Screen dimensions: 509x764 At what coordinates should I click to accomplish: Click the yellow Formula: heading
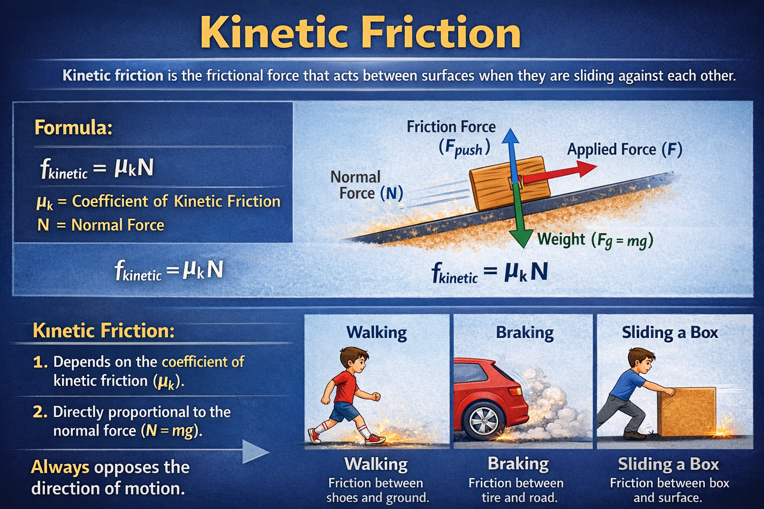click(74, 128)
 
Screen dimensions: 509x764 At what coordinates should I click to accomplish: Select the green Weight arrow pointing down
click(521, 219)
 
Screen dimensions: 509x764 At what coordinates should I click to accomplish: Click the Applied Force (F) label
click(625, 150)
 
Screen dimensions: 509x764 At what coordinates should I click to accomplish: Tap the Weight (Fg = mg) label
click(595, 240)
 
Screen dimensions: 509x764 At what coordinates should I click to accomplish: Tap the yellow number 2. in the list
click(40, 412)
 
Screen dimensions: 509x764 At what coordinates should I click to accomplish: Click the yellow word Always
click(60, 467)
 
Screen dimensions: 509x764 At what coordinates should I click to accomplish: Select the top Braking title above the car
click(525, 333)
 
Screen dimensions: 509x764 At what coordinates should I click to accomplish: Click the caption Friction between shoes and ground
click(377, 490)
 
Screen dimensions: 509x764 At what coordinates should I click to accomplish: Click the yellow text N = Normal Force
click(101, 225)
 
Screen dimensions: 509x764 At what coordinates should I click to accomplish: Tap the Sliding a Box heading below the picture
click(668, 464)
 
